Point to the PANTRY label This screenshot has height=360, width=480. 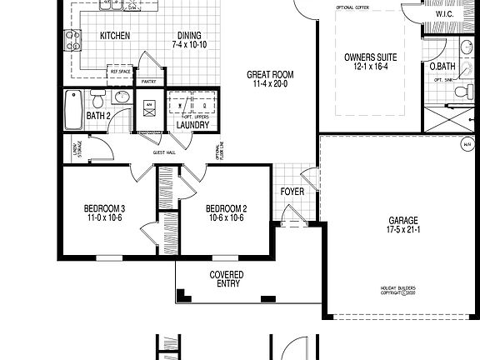(149, 82)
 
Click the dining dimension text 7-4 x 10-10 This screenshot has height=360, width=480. (189, 43)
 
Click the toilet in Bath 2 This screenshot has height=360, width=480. (97, 102)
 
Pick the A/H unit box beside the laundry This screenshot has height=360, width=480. (150, 107)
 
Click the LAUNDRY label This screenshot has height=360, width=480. (192, 125)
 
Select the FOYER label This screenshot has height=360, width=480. (292, 191)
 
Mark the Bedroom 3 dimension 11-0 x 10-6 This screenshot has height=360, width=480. (104, 217)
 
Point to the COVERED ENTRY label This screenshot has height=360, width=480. (227, 279)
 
